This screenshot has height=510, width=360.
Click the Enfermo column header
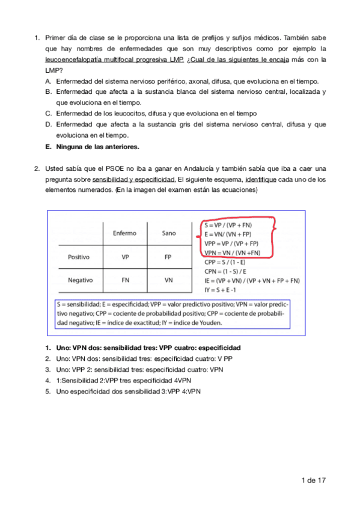[124, 233]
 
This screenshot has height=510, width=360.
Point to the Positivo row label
[79, 257]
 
